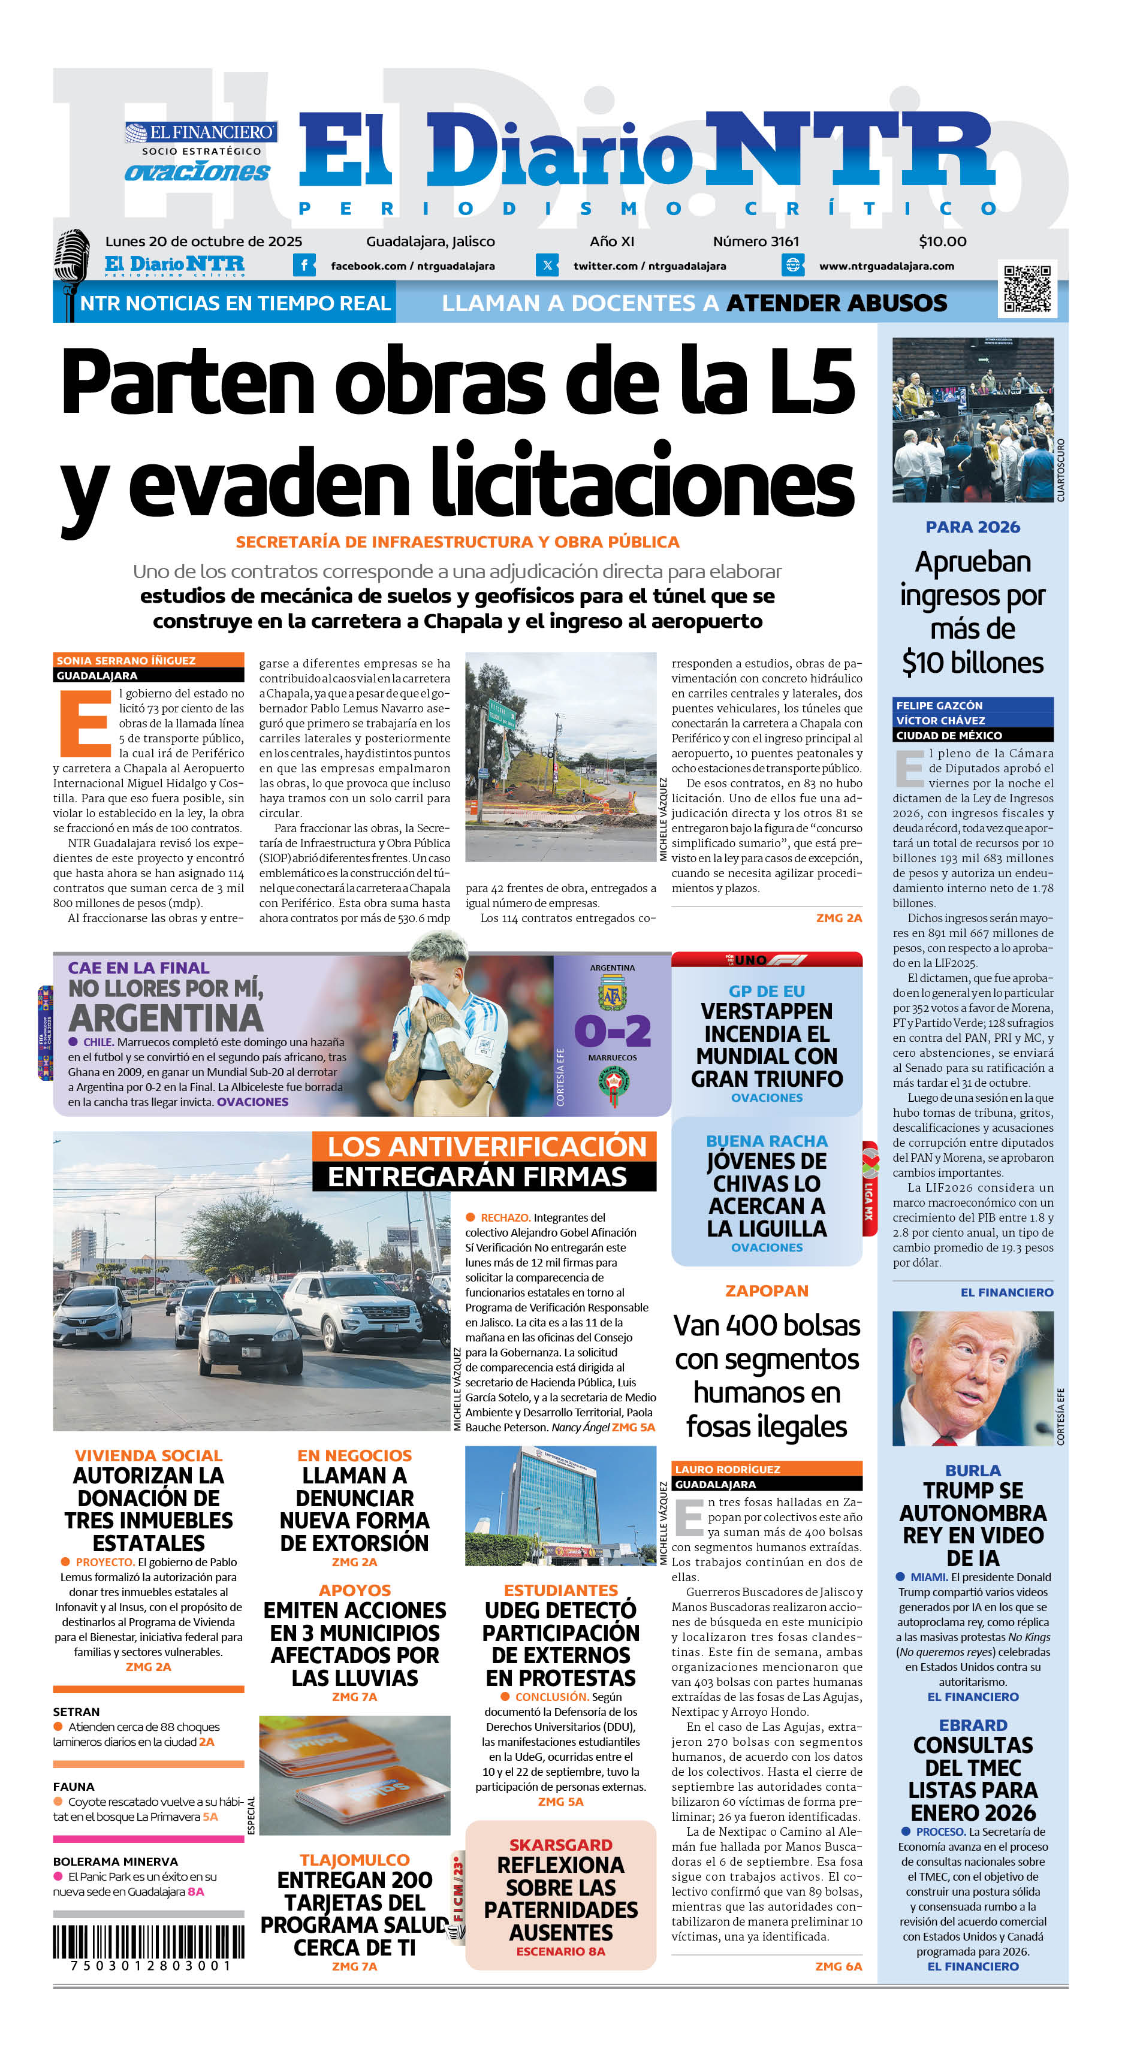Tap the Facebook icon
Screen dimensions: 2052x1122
tap(304, 265)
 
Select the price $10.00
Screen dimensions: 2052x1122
tap(942, 241)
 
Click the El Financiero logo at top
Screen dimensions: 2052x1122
tap(201, 132)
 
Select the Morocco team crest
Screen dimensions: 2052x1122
tap(612, 1085)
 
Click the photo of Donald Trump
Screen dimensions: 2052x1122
tap(972, 1377)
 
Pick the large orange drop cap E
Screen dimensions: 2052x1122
tap(84, 723)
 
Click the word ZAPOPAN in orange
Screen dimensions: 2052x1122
tap(767, 1291)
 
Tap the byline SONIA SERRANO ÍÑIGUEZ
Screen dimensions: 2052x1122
tap(126, 660)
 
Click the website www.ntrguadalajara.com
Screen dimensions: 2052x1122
tap(886, 266)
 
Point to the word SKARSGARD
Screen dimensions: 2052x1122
tap(560, 1845)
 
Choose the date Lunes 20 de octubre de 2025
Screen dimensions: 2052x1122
tap(203, 241)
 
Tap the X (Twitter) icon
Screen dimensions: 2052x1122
tap(547, 265)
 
